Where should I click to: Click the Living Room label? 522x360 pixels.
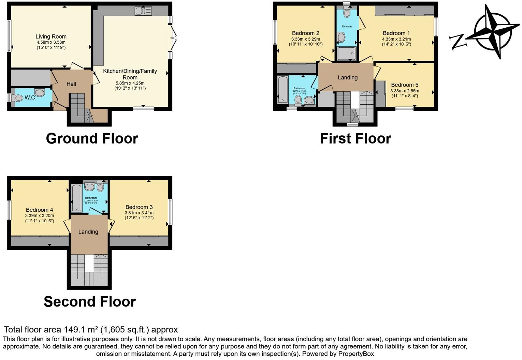(x=51, y=36)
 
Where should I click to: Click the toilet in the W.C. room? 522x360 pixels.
(x=17, y=98)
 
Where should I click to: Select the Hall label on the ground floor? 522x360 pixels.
(x=71, y=84)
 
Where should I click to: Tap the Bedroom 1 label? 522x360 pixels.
(x=396, y=33)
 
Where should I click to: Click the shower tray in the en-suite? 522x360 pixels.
(x=347, y=54)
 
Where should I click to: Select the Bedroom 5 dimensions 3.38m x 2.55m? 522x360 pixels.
(x=405, y=91)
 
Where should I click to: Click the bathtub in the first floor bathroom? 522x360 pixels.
(x=283, y=90)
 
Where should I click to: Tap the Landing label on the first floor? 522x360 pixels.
(x=348, y=77)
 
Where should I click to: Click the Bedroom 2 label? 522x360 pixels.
(x=306, y=33)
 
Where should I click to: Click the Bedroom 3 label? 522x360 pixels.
(x=139, y=207)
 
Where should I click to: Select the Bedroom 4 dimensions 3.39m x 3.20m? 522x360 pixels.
(x=40, y=215)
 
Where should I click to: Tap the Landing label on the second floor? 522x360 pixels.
(x=88, y=232)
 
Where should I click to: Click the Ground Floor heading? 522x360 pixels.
(x=92, y=138)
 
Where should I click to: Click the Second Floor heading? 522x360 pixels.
(x=90, y=301)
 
